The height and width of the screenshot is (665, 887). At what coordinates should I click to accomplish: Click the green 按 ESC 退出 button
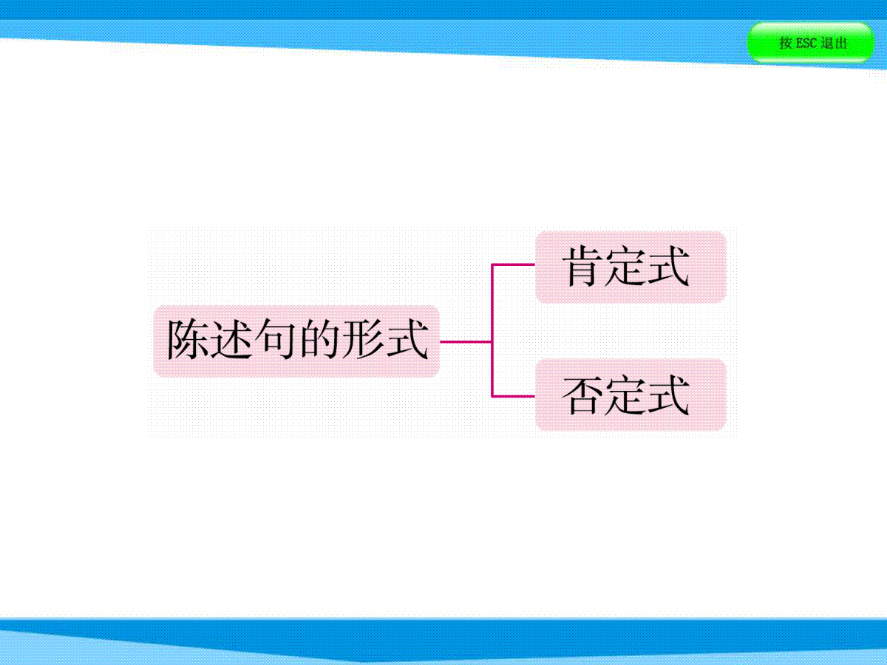(x=810, y=43)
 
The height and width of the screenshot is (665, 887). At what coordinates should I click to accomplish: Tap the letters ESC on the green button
(x=806, y=43)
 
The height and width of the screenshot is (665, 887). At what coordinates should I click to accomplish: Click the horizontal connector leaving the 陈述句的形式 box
(x=466, y=341)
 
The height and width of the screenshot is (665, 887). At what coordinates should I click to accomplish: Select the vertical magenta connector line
(x=492, y=330)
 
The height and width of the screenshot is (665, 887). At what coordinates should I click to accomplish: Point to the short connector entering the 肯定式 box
(x=513, y=265)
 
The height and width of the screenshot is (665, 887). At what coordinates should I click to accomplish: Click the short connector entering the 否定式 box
(x=513, y=396)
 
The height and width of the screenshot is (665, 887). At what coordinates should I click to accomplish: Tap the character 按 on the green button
(x=785, y=43)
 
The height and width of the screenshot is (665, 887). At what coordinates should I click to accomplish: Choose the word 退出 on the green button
(x=834, y=43)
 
